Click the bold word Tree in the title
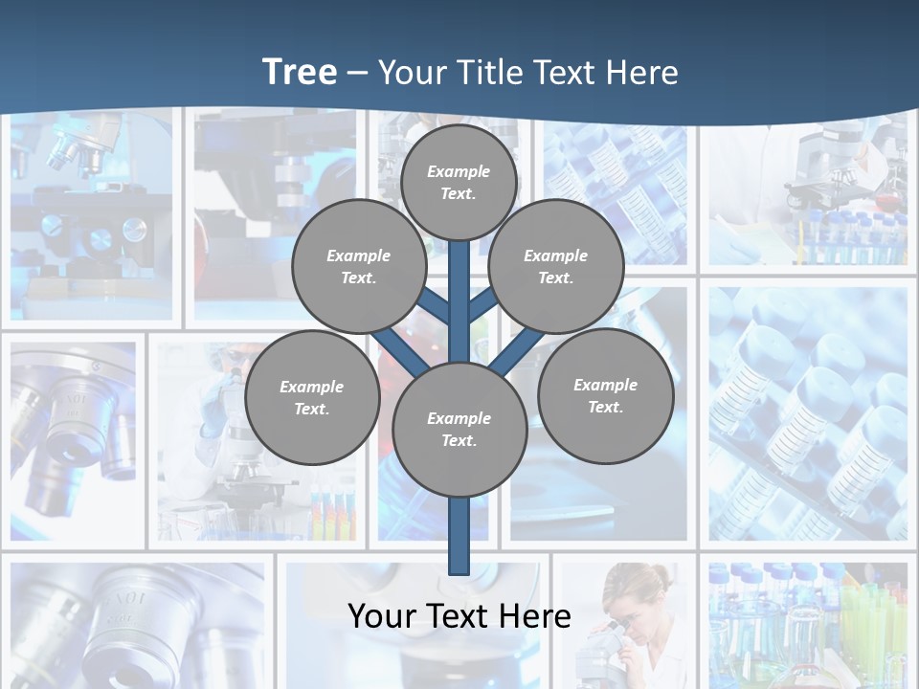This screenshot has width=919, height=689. [x=300, y=72]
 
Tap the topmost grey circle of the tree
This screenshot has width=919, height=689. [x=459, y=182]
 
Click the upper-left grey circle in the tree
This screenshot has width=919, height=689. [x=359, y=266]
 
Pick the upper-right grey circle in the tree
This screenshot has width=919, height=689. [x=556, y=266]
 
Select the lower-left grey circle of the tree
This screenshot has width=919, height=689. [x=312, y=397]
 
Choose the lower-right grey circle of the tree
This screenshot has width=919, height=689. [x=605, y=395]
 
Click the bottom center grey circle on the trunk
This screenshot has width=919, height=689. [x=459, y=429]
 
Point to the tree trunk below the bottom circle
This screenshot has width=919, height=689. [x=459, y=536]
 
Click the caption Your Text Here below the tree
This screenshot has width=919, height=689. [x=459, y=615]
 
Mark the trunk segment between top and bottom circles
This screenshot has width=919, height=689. [x=459, y=306]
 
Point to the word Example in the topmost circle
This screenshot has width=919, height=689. [x=459, y=171]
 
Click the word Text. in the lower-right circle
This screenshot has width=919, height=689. [x=605, y=407]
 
